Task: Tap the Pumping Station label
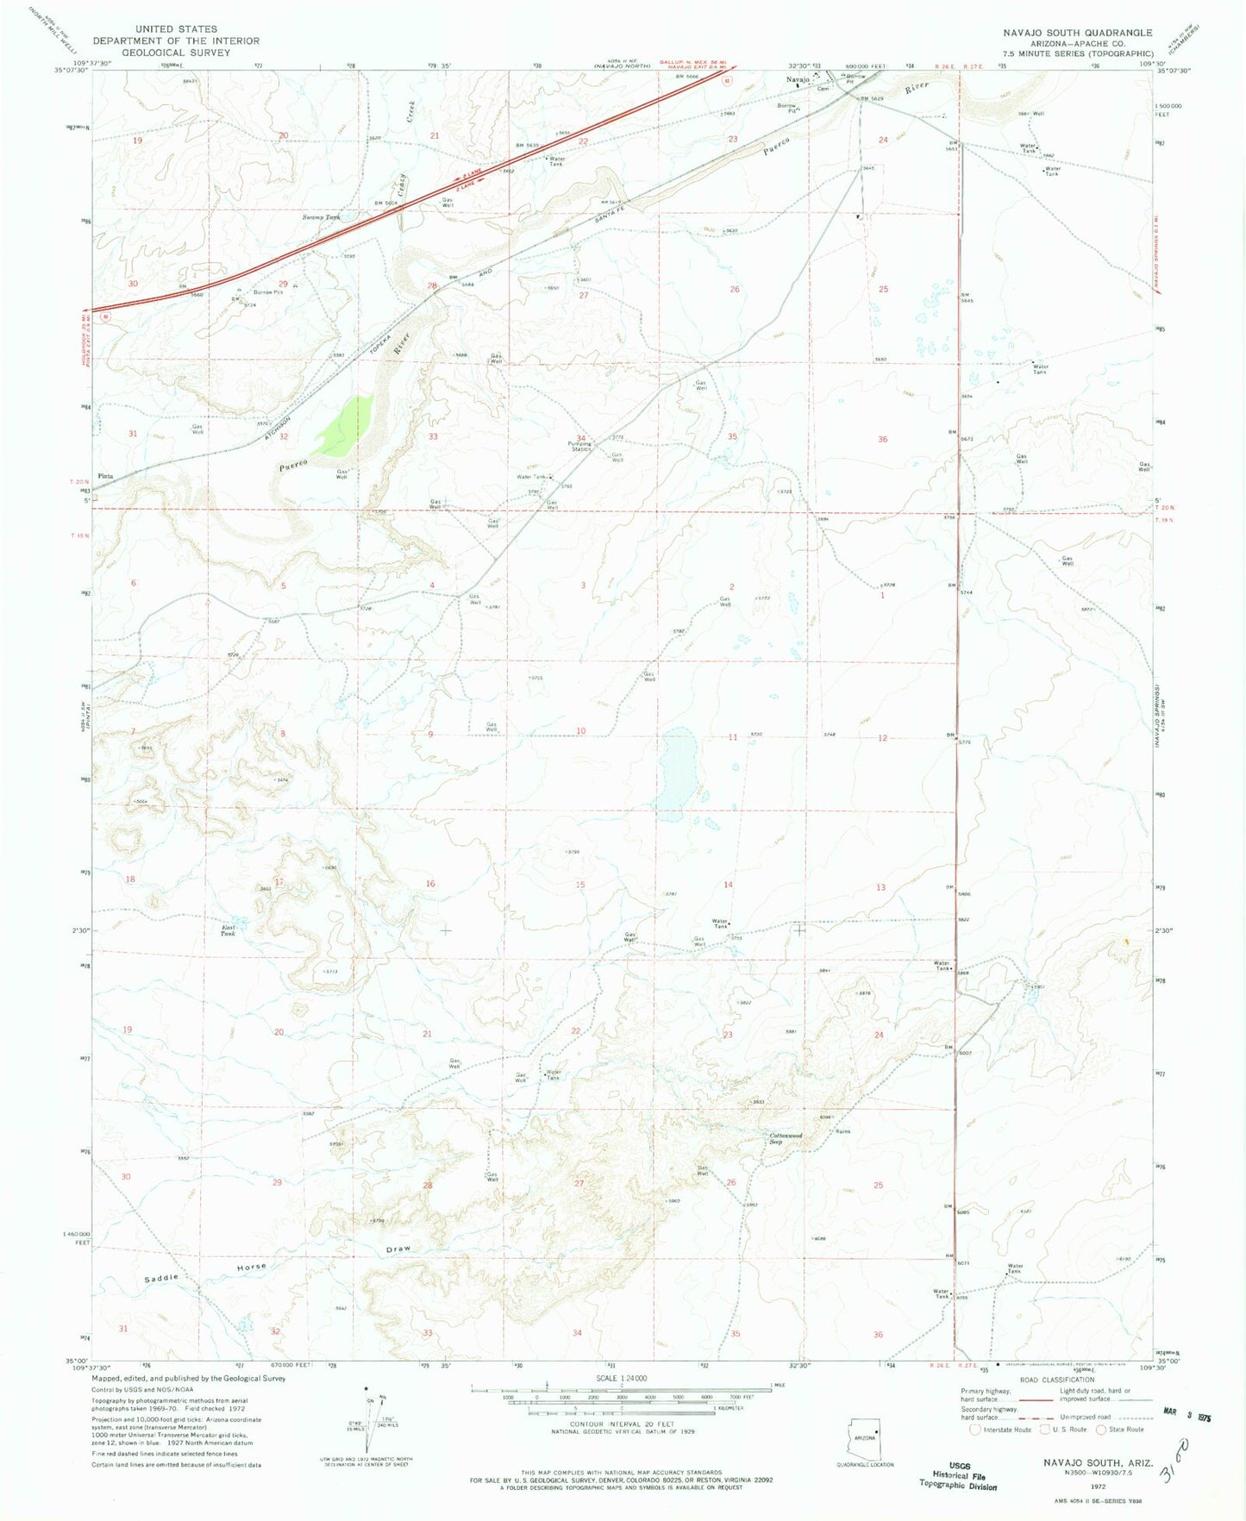pos(579,447)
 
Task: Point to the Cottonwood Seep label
pos(786,1138)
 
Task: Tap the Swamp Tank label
pos(321,217)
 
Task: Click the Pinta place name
pos(105,476)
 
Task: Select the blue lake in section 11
pos(678,769)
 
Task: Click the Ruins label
pos(842,1132)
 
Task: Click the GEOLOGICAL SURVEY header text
pos(176,53)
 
